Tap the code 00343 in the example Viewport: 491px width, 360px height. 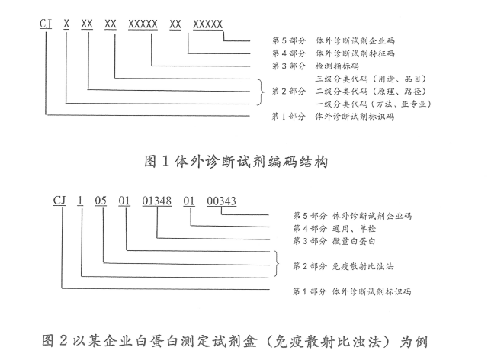pyautogui.click(x=222, y=201)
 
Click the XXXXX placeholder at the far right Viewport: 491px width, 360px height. pyautogui.click(x=207, y=24)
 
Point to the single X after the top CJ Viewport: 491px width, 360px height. pyautogui.click(x=67, y=24)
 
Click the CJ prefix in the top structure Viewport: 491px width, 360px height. pyautogui.click(x=47, y=24)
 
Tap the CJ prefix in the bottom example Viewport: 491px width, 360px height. pyautogui.click(x=59, y=201)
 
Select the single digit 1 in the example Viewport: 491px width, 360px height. pyautogui.click(x=80, y=201)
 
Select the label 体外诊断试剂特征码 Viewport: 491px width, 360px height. pyautogui.click(x=352, y=53)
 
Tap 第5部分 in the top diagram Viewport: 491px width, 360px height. pyautogui.click(x=288, y=40)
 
